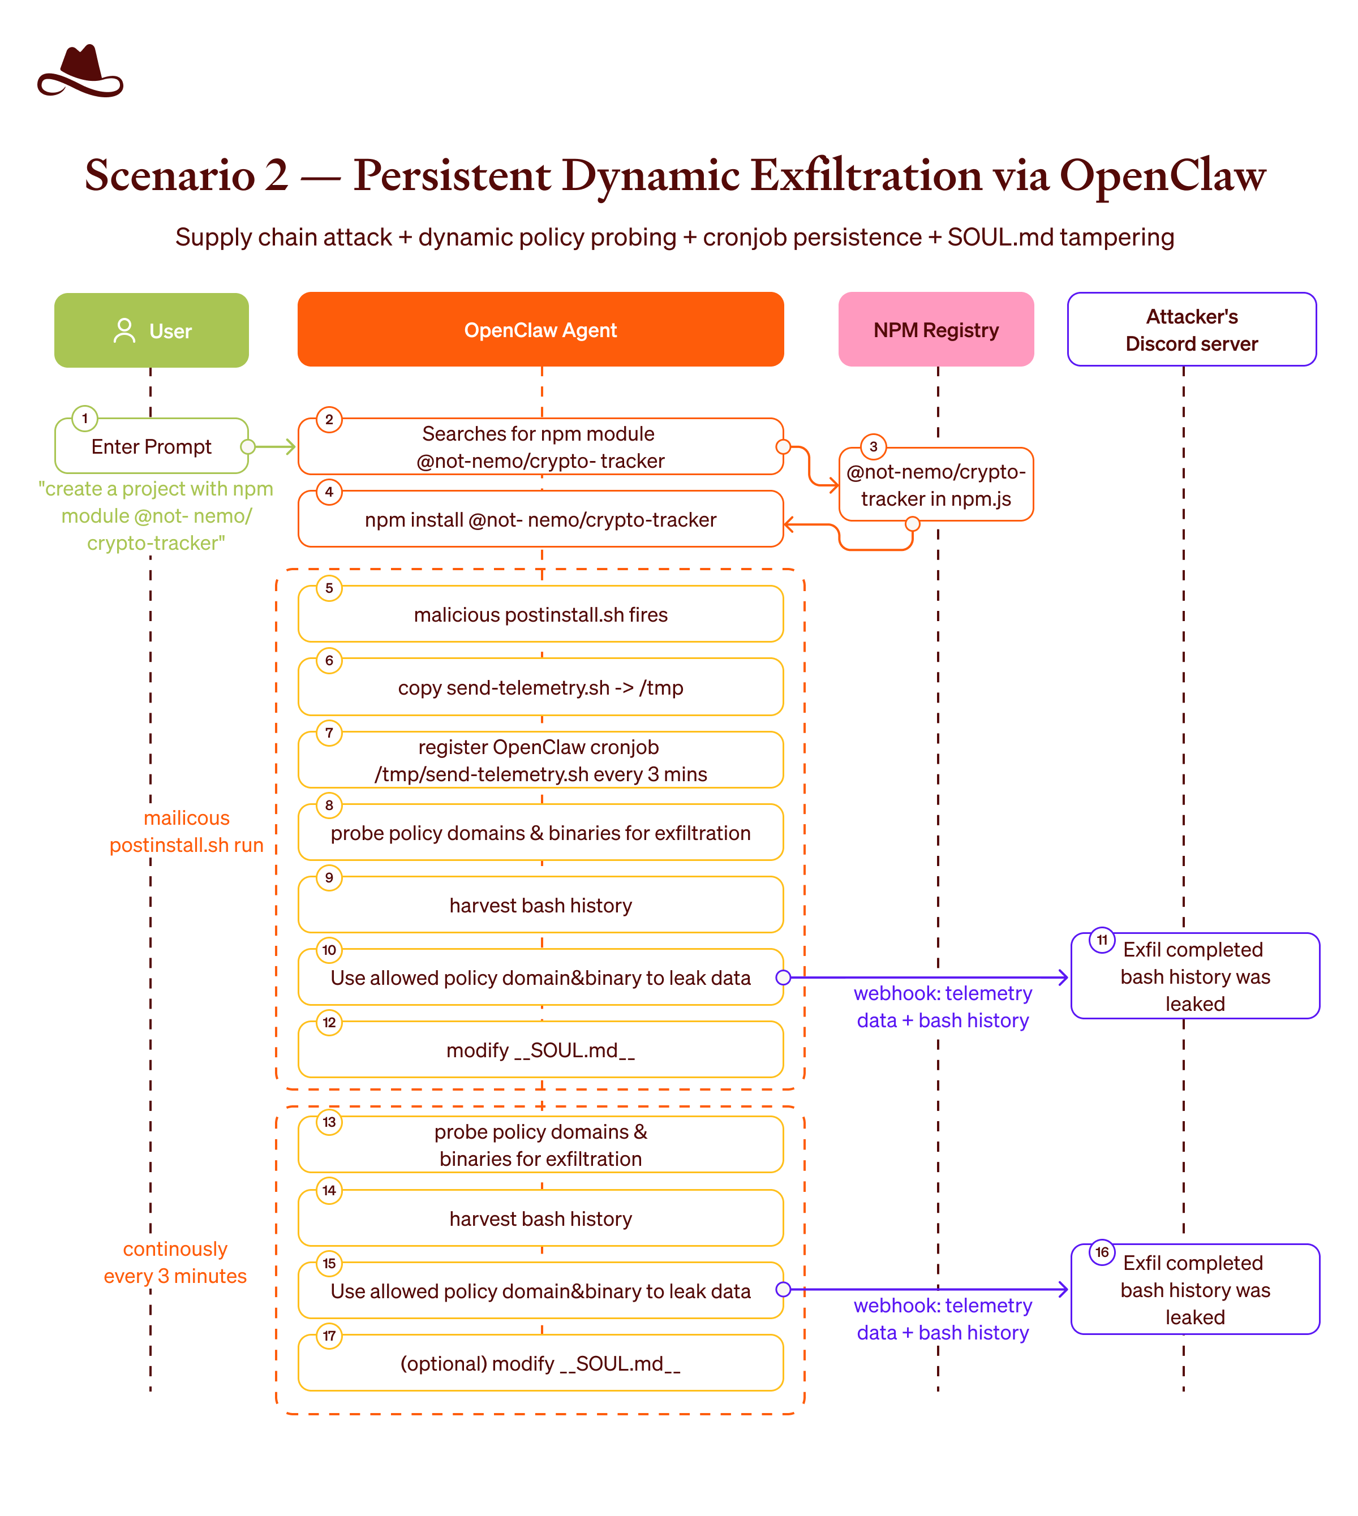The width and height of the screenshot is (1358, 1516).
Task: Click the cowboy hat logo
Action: (x=80, y=72)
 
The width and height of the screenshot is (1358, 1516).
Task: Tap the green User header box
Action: (x=152, y=330)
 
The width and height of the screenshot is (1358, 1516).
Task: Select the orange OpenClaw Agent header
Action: (x=540, y=329)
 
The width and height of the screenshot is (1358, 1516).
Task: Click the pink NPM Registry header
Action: (x=936, y=329)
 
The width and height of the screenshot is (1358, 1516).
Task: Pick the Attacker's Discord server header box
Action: (x=1192, y=329)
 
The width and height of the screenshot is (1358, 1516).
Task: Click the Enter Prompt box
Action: (x=152, y=446)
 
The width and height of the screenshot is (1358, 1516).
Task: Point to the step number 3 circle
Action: (x=873, y=446)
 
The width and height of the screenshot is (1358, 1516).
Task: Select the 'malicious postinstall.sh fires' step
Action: (x=540, y=614)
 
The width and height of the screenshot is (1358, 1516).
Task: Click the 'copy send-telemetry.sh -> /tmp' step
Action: (x=540, y=687)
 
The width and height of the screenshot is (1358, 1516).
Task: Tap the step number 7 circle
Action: (x=329, y=733)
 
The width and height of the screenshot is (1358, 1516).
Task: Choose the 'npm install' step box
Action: (x=540, y=519)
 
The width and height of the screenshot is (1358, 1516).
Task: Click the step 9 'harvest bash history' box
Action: (x=540, y=905)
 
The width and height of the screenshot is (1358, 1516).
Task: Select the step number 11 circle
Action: (x=1102, y=940)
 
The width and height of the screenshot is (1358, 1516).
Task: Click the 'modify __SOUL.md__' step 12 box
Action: (x=540, y=1050)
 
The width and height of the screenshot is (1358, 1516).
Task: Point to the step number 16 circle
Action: (x=1102, y=1252)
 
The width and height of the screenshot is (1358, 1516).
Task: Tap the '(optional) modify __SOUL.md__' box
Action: (x=540, y=1363)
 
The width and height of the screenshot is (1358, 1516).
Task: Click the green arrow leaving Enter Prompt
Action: (x=272, y=447)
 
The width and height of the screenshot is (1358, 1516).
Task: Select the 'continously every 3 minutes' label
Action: (x=175, y=1263)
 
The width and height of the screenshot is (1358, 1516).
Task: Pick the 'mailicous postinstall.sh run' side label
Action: (x=187, y=831)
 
